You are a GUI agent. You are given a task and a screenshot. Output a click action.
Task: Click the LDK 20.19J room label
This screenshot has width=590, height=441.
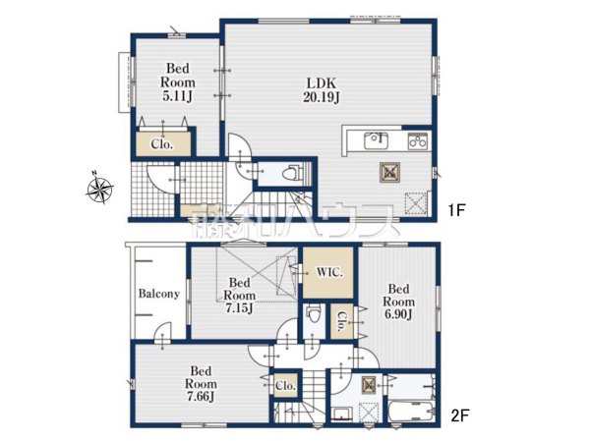point(322,90)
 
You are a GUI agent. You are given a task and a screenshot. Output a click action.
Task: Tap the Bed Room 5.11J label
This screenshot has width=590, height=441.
point(178,83)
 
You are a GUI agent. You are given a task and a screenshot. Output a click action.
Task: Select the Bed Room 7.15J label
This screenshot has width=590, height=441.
point(240,296)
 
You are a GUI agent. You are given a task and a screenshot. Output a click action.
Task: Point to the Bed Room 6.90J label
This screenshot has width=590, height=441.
point(399,302)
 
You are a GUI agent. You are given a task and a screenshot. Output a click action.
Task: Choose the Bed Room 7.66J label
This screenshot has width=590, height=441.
point(201,384)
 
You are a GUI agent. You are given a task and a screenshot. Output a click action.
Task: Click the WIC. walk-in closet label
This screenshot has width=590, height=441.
point(329,272)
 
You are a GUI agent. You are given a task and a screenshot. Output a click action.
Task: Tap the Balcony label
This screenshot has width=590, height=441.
point(158,294)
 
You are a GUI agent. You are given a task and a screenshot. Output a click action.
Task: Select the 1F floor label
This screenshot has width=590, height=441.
point(456,210)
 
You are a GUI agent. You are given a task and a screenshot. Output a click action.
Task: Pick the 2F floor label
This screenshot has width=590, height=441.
point(459,415)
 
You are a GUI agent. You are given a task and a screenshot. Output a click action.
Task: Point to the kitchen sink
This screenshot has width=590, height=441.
point(377,141)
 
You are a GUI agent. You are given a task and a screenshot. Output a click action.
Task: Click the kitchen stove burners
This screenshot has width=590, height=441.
point(418,141)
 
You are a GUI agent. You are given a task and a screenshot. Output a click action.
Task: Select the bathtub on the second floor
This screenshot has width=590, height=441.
point(412,412)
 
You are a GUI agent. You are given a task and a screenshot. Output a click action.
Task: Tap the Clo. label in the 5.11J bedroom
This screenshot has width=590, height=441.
point(162,144)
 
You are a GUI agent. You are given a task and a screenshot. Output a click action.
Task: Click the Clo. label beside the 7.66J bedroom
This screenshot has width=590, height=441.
point(285,386)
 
